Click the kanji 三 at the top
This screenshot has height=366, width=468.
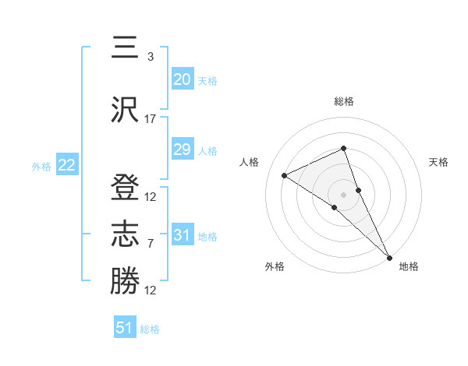click(x=124, y=49)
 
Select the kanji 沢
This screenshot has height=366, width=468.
click(x=124, y=111)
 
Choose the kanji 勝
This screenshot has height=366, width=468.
click(x=124, y=282)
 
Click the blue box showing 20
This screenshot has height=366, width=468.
click(x=183, y=79)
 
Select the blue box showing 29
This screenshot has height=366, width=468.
click(x=183, y=150)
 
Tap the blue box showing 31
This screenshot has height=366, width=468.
click(x=183, y=235)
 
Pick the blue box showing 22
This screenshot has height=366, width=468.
click(x=67, y=165)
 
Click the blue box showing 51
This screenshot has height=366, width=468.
click(x=125, y=328)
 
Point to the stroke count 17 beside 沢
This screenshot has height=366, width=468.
click(x=151, y=119)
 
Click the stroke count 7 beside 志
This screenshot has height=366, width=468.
click(x=151, y=244)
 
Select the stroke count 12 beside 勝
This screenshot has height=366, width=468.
click(x=151, y=290)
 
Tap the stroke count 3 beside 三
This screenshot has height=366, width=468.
click(x=151, y=57)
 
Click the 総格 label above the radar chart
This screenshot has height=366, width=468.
click(x=343, y=101)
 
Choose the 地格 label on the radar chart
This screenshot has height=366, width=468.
click(x=409, y=266)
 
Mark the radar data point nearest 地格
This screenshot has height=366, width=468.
click(x=388, y=256)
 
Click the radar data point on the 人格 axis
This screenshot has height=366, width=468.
click(x=285, y=175)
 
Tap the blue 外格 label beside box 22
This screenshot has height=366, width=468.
click(x=41, y=166)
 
